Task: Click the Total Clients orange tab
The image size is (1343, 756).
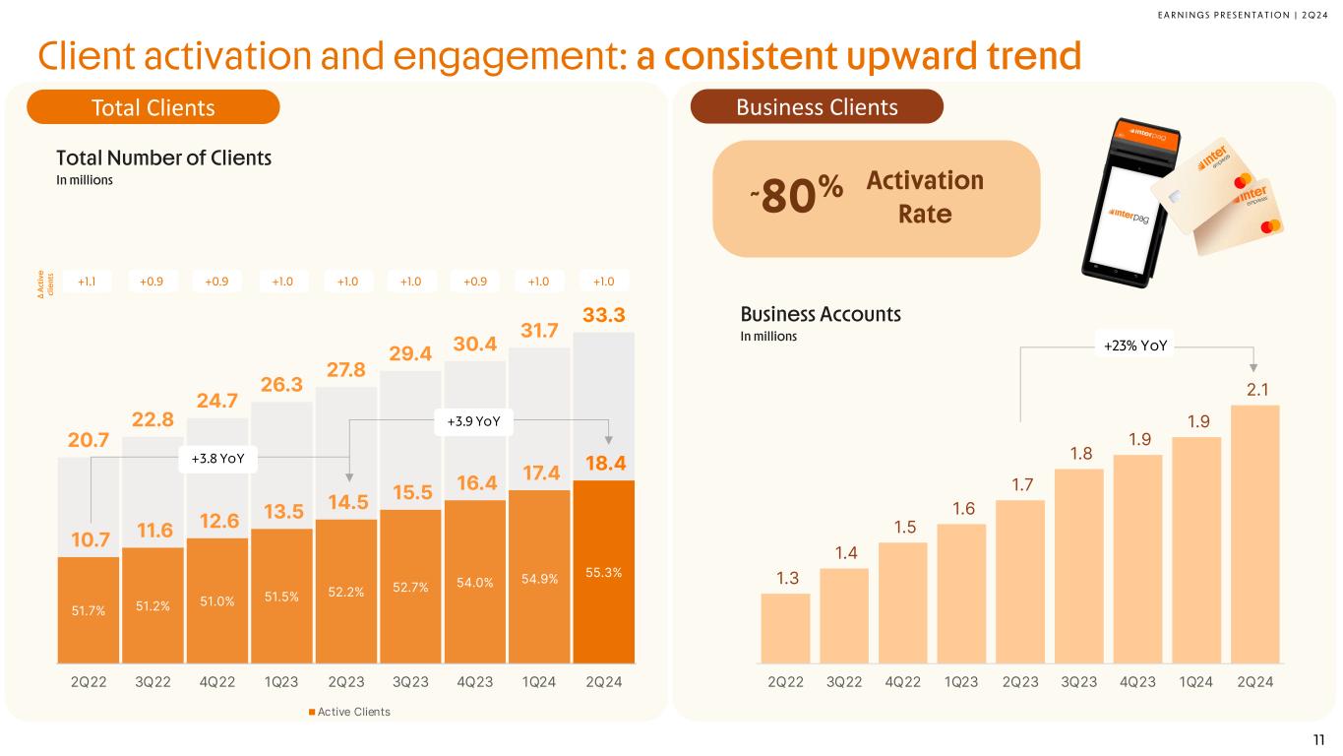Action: click(153, 107)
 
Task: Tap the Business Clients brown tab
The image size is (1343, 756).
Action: click(817, 107)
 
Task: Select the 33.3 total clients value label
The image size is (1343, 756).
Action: click(603, 316)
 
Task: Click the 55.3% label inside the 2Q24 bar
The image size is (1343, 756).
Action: click(603, 571)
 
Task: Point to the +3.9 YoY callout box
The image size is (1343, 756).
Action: click(474, 421)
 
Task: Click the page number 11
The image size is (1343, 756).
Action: click(1318, 740)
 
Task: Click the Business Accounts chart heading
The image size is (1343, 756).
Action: click(821, 315)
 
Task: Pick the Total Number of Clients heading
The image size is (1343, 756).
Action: click(163, 157)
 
